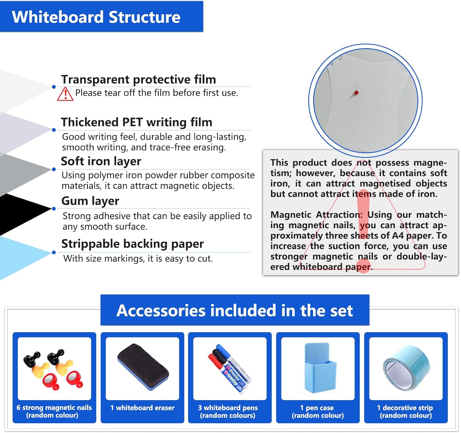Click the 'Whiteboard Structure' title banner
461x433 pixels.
point(96,17)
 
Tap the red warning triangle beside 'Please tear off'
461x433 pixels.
point(65,94)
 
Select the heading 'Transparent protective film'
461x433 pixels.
point(138,79)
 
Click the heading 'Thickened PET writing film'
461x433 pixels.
point(136,122)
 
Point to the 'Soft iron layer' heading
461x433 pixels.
point(101,161)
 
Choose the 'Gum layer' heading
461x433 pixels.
point(90,201)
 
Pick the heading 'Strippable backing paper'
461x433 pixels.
point(132,244)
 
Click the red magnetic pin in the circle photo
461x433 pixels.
point(356,92)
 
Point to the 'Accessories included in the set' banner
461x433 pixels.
point(235,310)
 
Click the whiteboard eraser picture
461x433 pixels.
point(143,367)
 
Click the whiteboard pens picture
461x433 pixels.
point(229,369)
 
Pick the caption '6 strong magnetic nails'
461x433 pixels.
point(54,408)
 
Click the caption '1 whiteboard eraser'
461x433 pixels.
point(142,408)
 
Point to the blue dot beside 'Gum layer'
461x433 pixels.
point(54,209)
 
